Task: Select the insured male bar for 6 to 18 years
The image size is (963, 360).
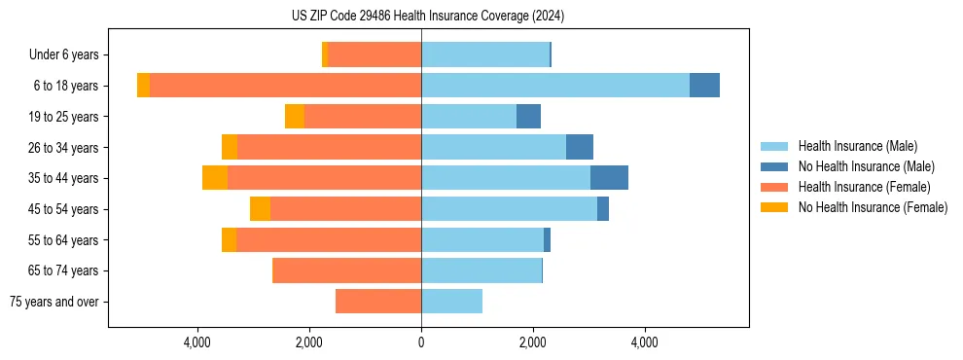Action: (554, 86)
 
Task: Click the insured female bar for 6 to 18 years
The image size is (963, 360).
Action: (285, 86)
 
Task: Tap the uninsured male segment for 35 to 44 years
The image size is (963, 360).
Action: (609, 178)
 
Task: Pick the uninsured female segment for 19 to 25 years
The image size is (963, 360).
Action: (294, 117)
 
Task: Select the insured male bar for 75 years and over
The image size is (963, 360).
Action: (451, 302)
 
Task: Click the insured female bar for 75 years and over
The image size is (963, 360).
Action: (378, 302)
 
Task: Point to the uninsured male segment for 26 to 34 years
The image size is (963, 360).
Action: (580, 147)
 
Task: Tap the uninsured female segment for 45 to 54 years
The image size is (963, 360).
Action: (260, 209)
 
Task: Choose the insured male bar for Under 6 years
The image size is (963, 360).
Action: (484, 54)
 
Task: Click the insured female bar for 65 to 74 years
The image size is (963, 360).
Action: (347, 270)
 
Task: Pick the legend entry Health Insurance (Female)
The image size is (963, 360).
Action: (864, 187)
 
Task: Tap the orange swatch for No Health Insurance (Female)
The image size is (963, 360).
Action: (775, 207)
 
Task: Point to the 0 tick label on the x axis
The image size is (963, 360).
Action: (421, 342)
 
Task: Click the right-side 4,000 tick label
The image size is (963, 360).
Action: (645, 342)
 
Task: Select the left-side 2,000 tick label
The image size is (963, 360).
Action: (309, 342)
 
